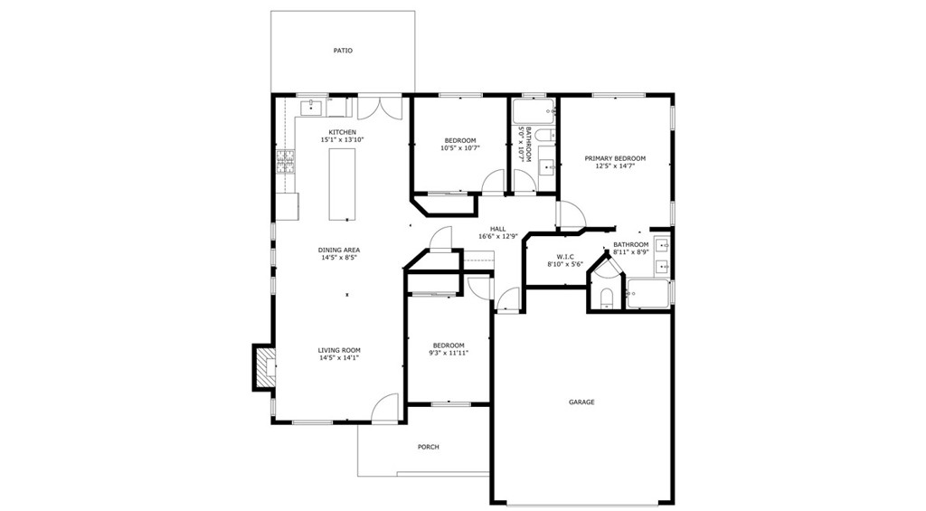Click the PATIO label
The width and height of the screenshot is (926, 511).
click(x=343, y=51)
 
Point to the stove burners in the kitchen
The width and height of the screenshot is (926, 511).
click(x=285, y=163)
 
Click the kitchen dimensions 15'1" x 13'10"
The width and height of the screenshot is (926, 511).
click(x=342, y=140)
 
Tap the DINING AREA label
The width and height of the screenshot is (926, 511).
click(x=339, y=250)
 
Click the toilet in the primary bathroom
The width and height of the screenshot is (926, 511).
click(x=606, y=298)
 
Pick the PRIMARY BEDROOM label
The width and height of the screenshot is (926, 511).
click(x=616, y=158)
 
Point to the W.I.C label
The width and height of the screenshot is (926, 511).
click(x=565, y=257)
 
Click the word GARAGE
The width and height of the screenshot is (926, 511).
click(x=581, y=402)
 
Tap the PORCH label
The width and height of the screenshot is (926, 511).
click(x=428, y=447)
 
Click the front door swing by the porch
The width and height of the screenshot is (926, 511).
click(x=387, y=408)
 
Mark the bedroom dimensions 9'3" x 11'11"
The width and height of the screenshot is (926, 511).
click(x=448, y=353)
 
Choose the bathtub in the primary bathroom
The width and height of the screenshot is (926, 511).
click(x=648, y=294)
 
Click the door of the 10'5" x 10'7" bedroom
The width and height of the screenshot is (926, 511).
click(x=494, y=183)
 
